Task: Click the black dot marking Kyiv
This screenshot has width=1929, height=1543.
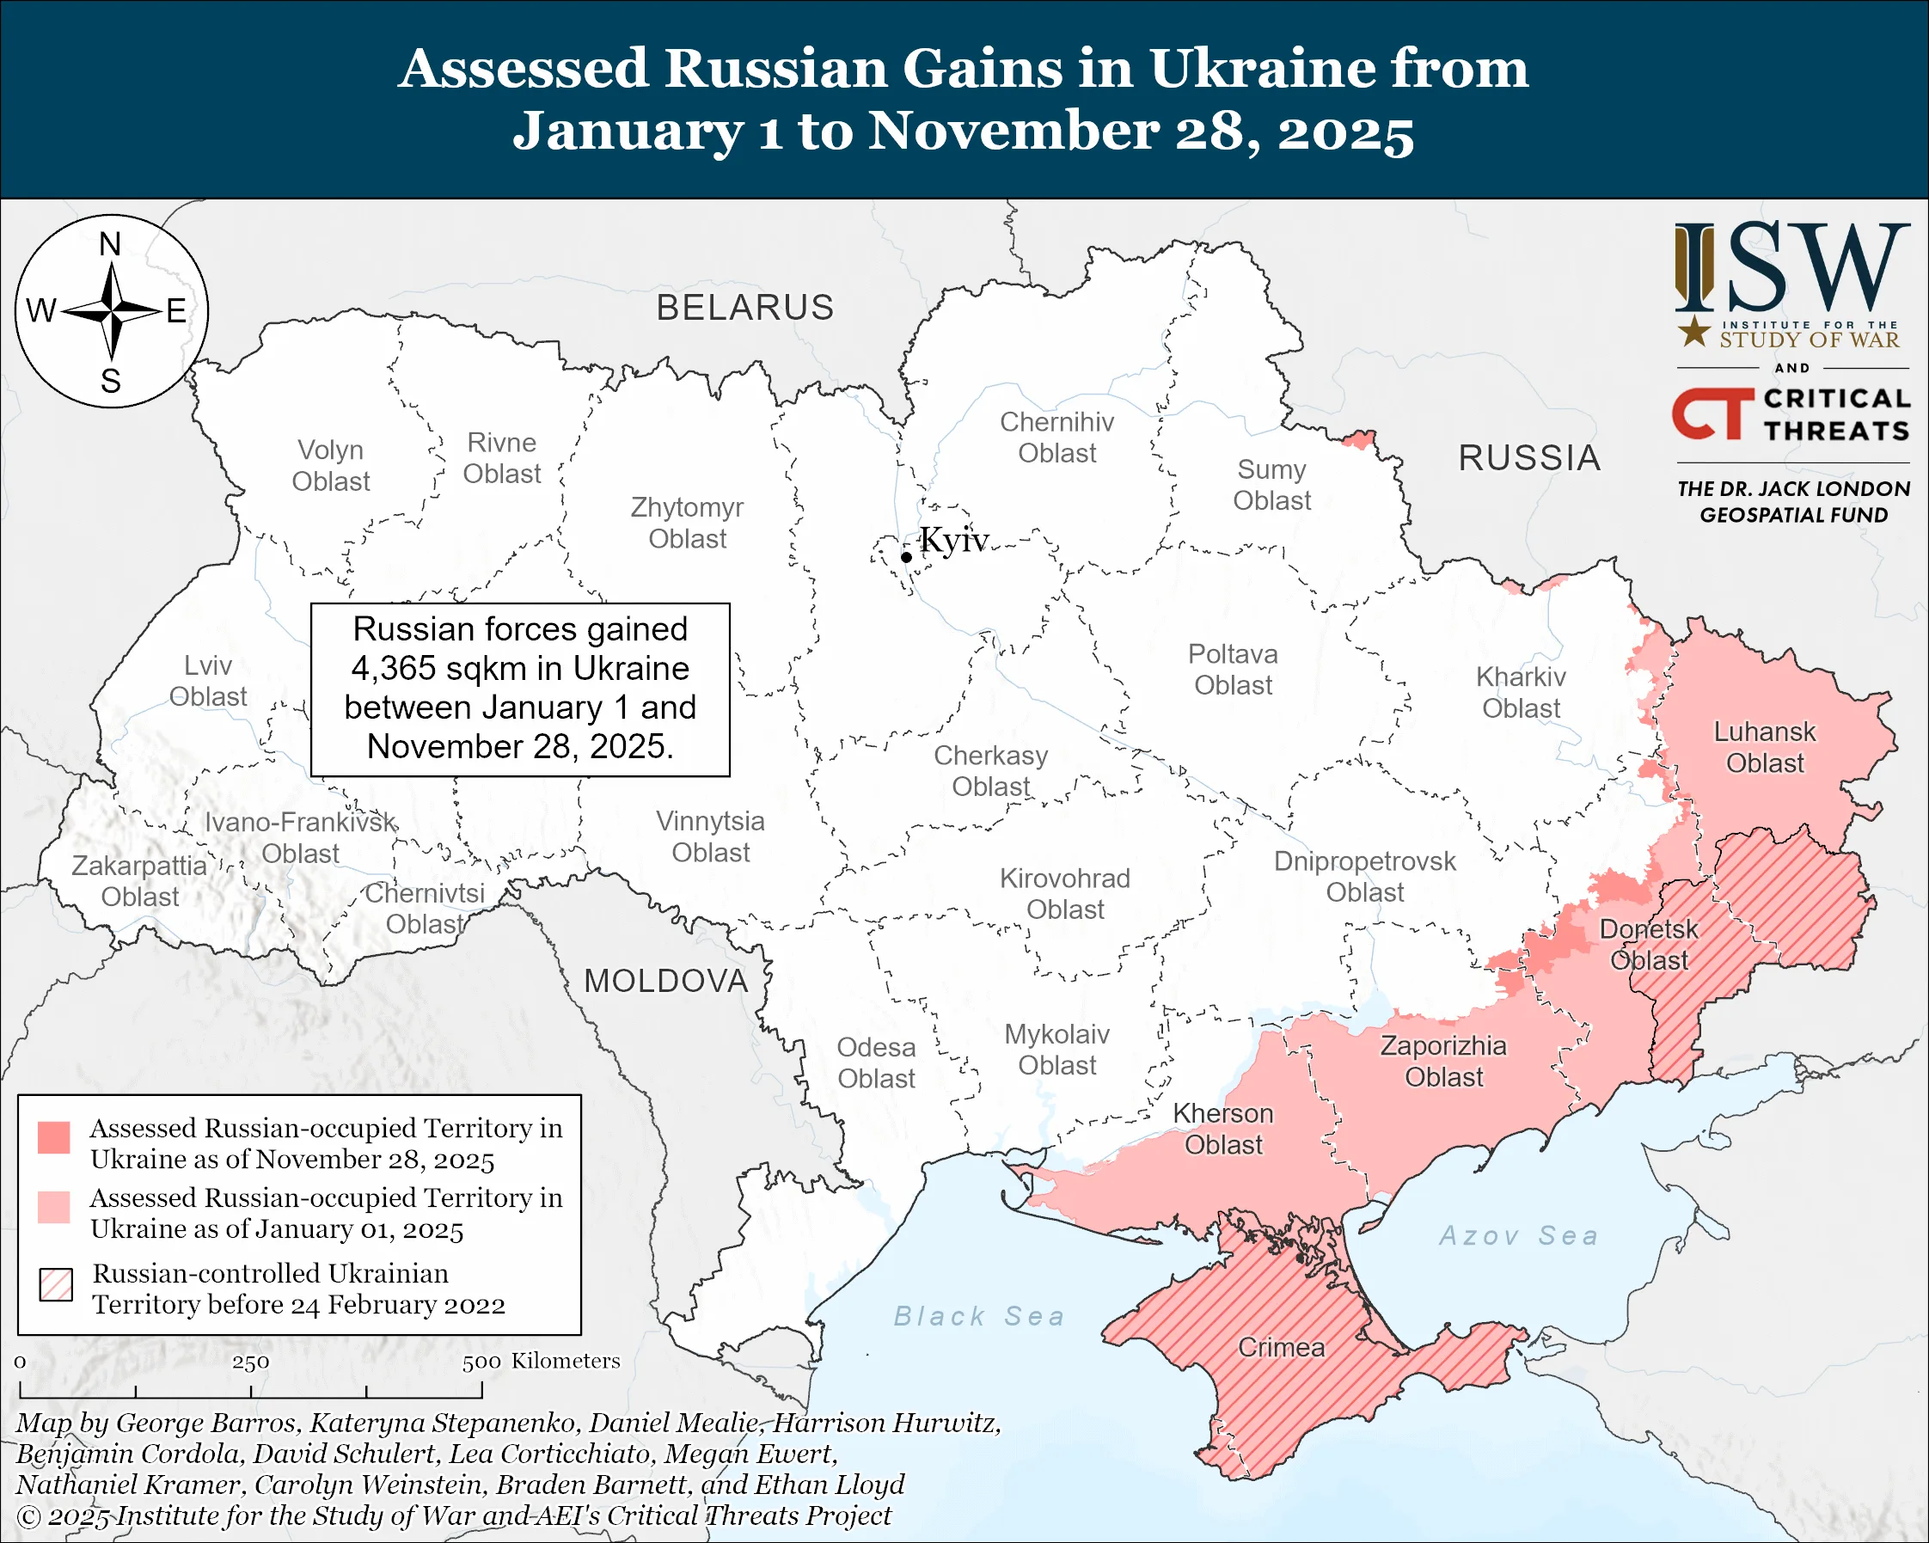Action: tap(906, 557)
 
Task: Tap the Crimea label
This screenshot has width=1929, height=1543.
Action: tap(1280, 1348)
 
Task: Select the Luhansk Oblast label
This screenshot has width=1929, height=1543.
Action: tap(1764, 748)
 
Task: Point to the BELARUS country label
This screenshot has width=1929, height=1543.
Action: tap(744, 308)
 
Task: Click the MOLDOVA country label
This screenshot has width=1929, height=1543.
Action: tap(665, 982)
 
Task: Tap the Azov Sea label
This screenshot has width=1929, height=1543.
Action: tap(1518, 1236)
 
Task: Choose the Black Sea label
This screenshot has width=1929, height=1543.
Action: tap(979, 1317)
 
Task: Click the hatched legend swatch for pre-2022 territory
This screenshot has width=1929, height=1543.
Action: tap(56, 1284)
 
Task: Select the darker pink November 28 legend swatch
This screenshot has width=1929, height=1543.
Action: tap(53, 1138)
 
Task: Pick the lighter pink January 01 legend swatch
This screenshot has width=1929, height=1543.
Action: tap(53, 1207)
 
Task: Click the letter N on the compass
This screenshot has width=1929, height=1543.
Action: tap(110, 244)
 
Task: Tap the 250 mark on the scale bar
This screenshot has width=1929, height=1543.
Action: tap(250, 1362)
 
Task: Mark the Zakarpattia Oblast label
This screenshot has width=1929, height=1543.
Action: tap(139, 881)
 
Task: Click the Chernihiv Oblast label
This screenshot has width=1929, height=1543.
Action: tap(1056, 438)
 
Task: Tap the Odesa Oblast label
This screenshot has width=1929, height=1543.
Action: tap(876, 1062)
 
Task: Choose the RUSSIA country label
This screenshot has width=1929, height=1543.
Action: tap(1529, 458)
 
